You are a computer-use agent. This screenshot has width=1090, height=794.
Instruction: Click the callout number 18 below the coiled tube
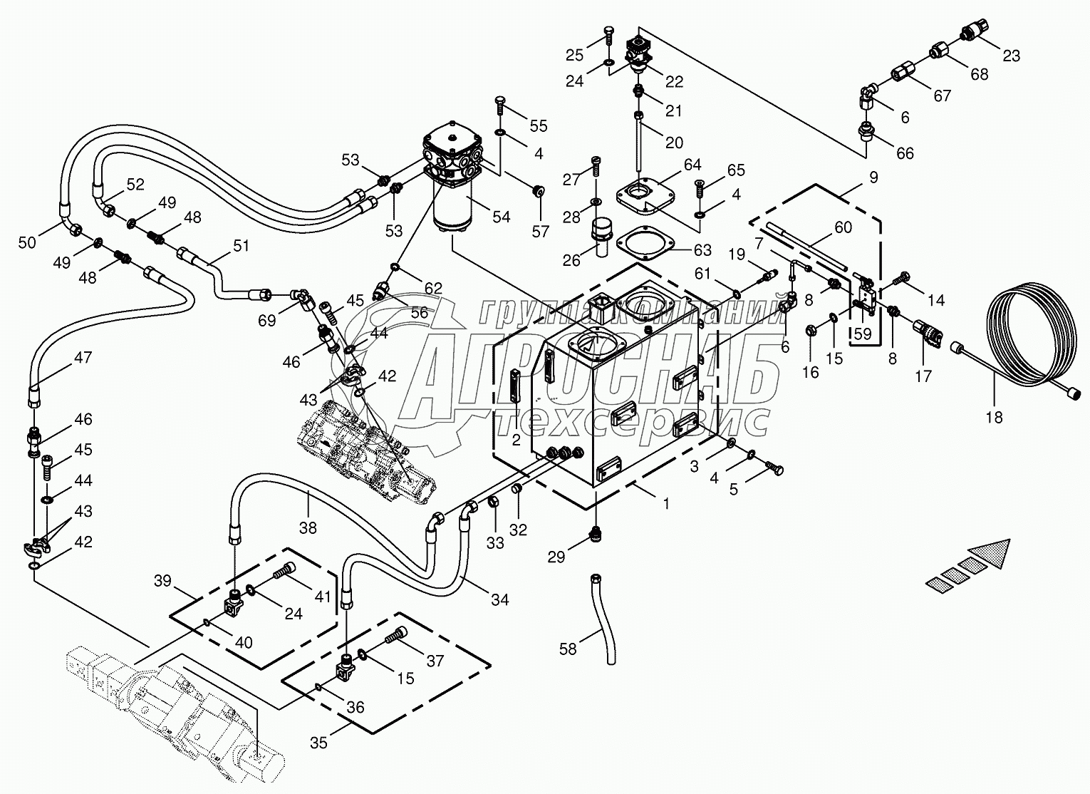(x=993, y=418)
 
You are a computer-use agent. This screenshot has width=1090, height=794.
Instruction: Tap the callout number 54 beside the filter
(x=502, y=217)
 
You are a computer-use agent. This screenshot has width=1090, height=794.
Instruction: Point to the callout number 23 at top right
(x=1012, y=56)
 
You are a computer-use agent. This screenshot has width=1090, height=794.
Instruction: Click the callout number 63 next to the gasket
(x=702, y=250)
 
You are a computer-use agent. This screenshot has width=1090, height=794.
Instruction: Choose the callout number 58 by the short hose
(x=569, y=649)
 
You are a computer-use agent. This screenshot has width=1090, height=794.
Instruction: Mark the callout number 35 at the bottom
(x=319, y=743)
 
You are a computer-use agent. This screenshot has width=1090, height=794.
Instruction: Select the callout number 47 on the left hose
(x=83, y=358)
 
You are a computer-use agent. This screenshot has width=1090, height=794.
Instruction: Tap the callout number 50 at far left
(x=27, y=242)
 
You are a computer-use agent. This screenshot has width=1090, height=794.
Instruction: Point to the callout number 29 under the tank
(x=556, y=557)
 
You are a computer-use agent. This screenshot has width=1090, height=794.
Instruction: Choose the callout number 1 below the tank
(x=667, y=503)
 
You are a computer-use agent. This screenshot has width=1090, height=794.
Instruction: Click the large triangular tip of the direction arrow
(x=993, y=552)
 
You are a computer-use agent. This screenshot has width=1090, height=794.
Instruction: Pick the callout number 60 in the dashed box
(x=843, y=227)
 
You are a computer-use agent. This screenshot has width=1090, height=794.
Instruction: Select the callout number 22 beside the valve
(x=674, y=81)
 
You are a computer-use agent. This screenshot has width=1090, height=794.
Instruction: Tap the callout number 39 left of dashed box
(x=163, y=581)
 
